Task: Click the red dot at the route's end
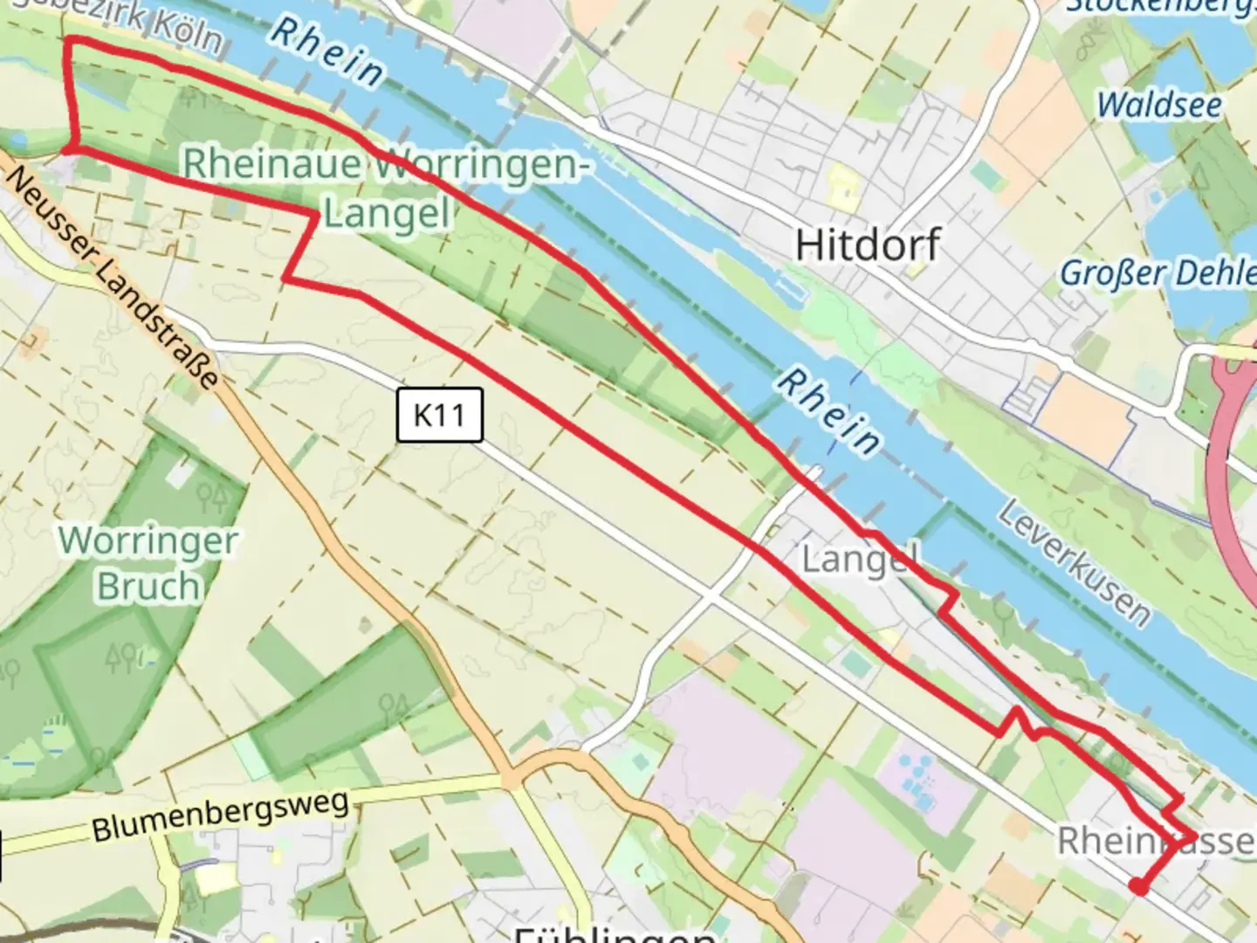1138,887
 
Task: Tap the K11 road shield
439,415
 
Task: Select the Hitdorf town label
868,244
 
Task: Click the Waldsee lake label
1159,105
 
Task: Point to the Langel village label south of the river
859,559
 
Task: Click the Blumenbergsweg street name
220,816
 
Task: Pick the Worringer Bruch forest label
148,563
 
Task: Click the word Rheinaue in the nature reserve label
271,163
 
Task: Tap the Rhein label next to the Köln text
326,52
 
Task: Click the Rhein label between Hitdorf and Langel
828,411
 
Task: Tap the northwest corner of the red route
69,40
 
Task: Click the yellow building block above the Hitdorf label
843,184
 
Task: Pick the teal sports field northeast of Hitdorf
987,176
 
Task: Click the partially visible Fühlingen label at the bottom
615,933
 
